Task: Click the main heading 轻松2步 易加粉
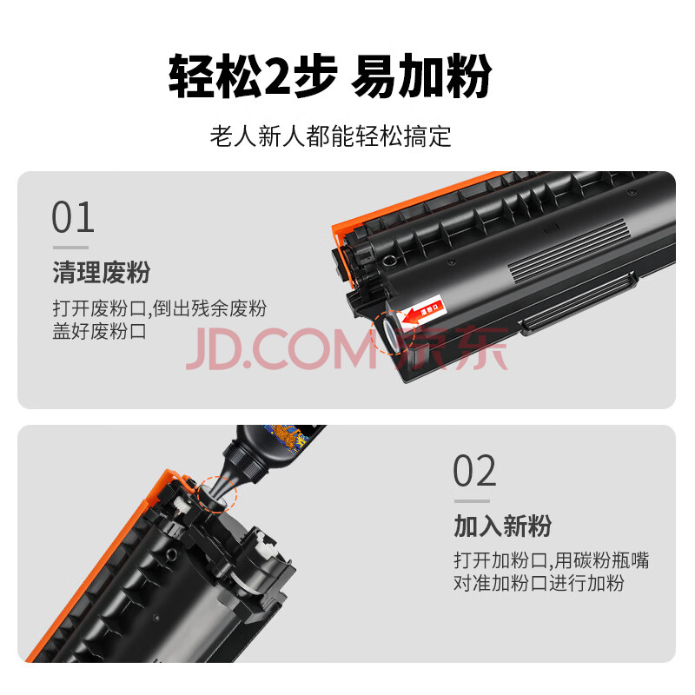(330, 76)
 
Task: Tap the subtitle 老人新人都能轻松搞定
(330, 136)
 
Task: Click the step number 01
(73, 217)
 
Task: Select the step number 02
(474, 471)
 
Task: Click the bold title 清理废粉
(102, 272)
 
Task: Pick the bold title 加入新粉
(503, 526)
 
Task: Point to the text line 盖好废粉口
(99, 331)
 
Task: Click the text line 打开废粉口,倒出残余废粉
(160, 308)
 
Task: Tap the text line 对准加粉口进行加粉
(539, 583)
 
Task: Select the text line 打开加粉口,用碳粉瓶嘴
(552, 560)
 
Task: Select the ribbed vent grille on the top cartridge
(568, 251)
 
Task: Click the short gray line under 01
(70, 248)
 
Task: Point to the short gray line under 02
(472, 501)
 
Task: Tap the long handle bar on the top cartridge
(579, 304)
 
